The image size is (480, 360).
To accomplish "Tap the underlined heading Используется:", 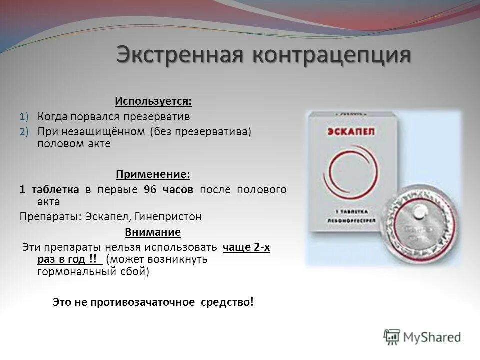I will (153, 101).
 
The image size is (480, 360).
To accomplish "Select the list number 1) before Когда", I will (25, 116).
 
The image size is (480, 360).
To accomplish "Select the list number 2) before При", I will (25, 131).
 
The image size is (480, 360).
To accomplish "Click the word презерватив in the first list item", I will (161, 116).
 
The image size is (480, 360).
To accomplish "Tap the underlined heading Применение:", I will (153, 174).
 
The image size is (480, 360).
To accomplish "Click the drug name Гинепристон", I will (170, 217).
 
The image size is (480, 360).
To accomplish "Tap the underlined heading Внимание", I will (153, 232).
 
